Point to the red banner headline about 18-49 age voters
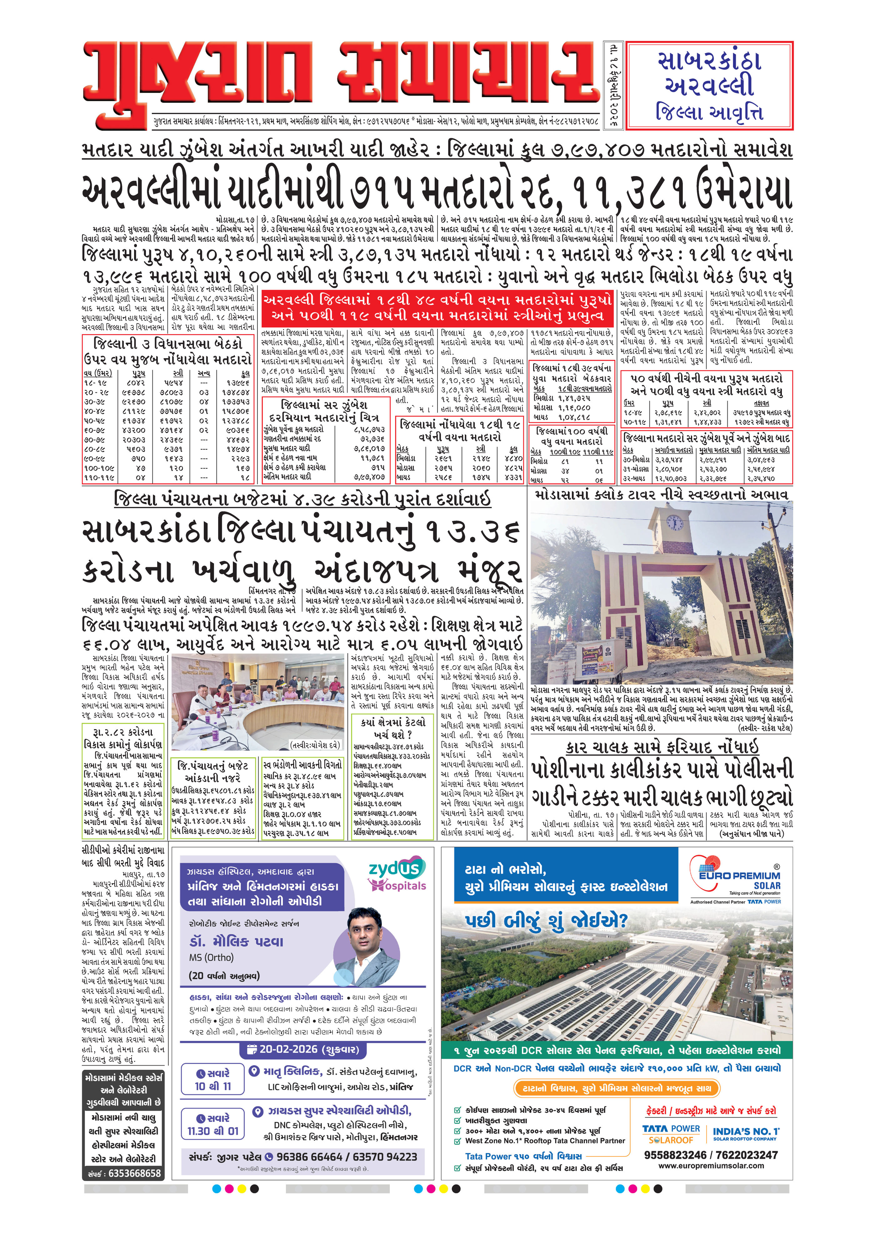[437, 307]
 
